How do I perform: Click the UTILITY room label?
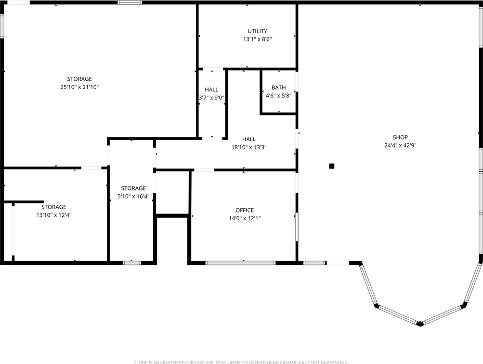257,31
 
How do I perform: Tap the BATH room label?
278,88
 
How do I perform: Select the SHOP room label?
400,137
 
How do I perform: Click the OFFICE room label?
244,210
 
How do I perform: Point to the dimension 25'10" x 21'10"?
79,87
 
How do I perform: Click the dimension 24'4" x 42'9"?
400,145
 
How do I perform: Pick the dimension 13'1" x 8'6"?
257,39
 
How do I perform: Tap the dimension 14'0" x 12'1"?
244,218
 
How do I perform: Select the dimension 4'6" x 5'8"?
278,96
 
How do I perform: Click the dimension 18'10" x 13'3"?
249,147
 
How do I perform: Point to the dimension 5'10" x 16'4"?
133,196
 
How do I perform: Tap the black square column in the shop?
331,166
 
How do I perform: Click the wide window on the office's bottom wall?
240,263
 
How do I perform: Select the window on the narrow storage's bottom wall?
131,263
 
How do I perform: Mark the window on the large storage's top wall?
130,2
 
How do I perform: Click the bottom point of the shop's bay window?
420,324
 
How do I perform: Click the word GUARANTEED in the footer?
333,362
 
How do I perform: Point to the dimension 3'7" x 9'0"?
211,98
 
